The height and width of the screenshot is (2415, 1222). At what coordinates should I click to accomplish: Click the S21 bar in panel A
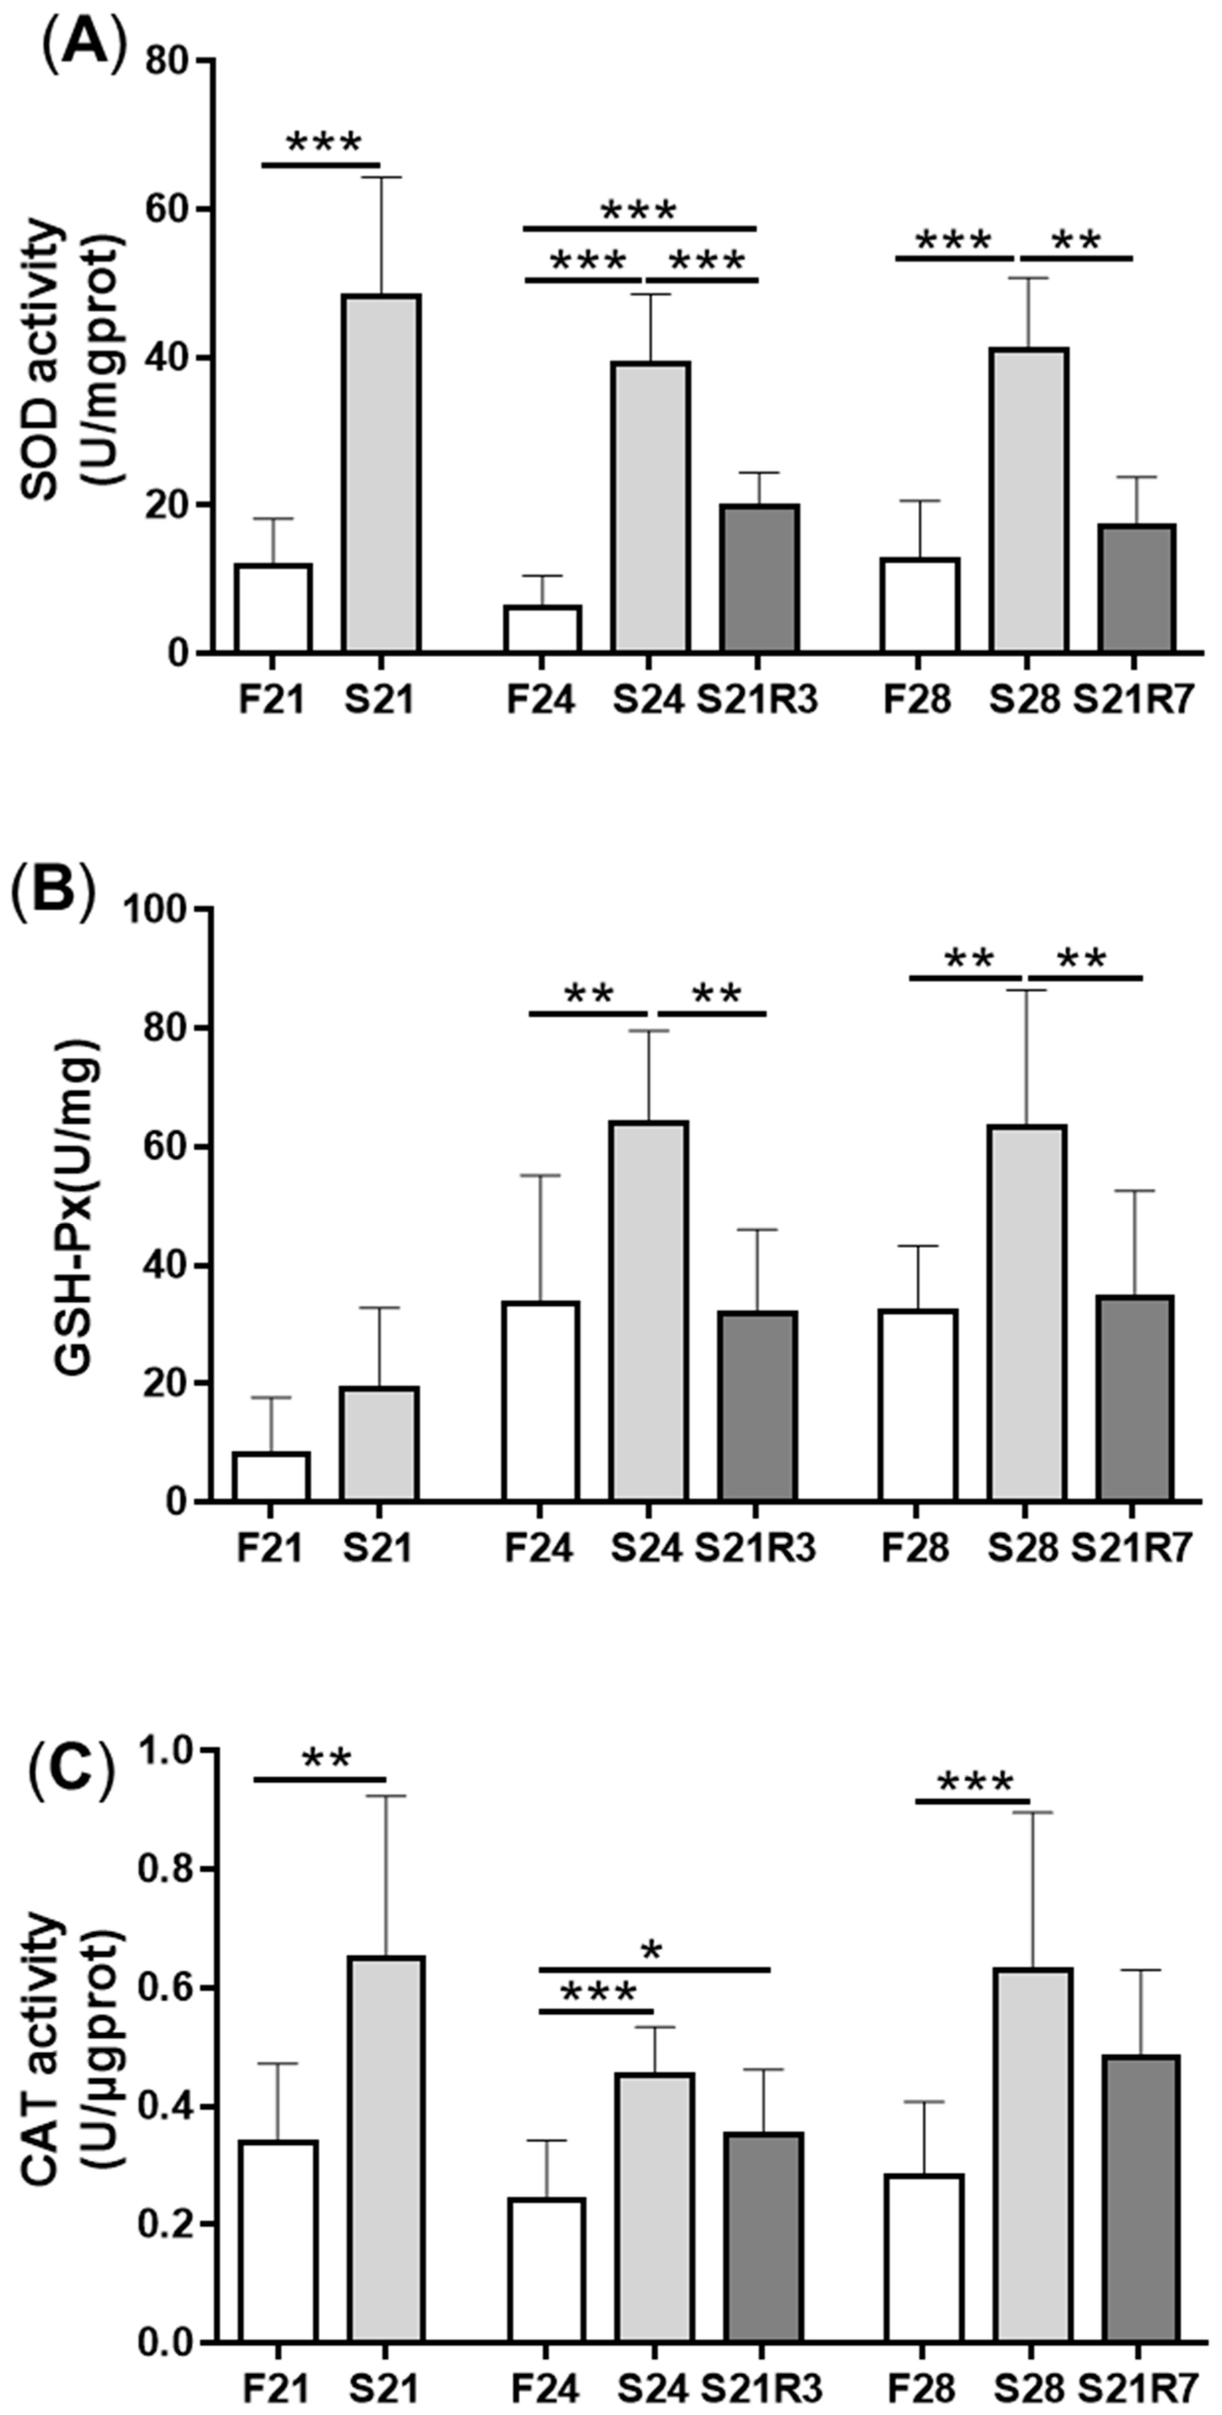(380, 474)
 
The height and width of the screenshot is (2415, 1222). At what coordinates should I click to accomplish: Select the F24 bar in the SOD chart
(542, 629)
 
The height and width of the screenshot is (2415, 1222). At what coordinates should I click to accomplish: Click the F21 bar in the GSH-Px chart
(271, 1477)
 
